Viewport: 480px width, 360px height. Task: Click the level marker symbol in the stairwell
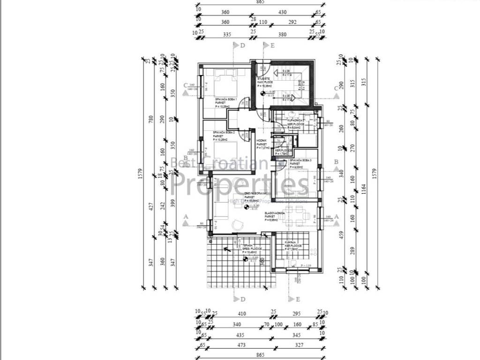[262, 93]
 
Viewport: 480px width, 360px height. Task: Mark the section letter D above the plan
[242, 45]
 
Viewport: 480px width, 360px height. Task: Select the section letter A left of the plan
[186, 217]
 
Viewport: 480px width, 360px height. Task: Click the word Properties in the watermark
[241, 183]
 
